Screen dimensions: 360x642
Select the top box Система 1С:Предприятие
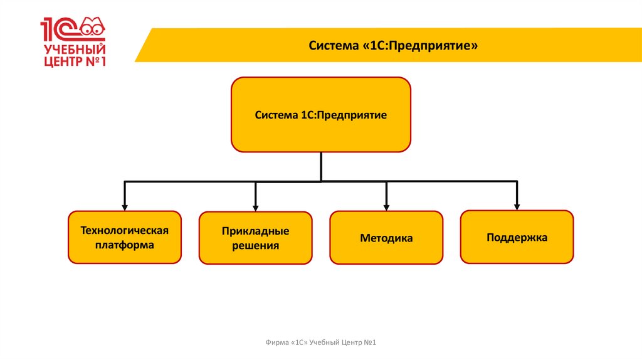(321, 115)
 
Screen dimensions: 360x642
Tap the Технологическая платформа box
(125, 237)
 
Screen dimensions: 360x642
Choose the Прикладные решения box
(255, 238)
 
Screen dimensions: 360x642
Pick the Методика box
(386, 238)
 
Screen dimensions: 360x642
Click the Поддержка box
(517, 237)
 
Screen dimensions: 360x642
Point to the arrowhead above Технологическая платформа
(125, 206)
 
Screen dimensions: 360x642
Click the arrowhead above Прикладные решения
(256, 207)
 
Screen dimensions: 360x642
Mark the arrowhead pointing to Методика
(386, 206)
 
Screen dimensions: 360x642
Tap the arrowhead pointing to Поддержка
(517, 205)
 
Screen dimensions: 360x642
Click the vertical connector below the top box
(321, 166)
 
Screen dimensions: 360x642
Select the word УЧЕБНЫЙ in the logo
(74, 50)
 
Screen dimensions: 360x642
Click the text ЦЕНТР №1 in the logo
(74, 62)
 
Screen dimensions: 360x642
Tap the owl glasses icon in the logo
(93, 27)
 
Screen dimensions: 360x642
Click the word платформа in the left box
(125, 245)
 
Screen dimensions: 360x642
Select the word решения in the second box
(255, 246)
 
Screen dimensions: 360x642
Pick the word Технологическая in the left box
(125, 230)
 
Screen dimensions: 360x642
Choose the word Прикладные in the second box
(255, 231)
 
